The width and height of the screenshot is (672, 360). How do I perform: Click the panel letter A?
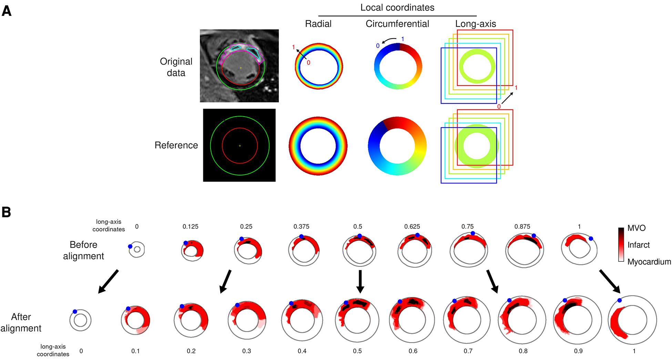(x=7, y=11)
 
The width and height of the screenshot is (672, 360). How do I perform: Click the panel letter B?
(x=7, y=212)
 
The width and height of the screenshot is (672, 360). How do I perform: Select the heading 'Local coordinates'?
(x=397, y=8)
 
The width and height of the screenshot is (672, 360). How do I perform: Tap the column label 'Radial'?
(x=318, y=24)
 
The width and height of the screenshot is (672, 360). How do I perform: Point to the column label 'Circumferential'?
(x=397, y=24)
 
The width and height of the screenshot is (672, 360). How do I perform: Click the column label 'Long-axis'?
(x=475, y=24)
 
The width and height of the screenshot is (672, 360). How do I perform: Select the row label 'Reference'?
(x=176, y=145)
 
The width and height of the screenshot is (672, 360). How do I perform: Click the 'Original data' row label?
(x=176, y=67)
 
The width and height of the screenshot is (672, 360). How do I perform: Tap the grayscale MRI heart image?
(x=239, y=66)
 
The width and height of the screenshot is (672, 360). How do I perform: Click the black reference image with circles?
(x=239, y=145)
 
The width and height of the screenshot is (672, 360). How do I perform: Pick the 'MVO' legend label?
(x=636, y=228)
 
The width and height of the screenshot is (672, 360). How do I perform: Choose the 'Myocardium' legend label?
(x=649, y=262)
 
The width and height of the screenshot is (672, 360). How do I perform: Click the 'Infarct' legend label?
(x=638, y=245)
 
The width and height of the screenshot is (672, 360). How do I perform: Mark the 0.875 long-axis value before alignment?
(x=522, y=227)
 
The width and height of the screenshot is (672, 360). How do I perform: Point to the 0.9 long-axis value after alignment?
(x=578, y=351)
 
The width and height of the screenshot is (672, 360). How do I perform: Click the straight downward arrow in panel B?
(x=360, y=281)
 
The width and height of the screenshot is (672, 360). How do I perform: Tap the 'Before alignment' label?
(x=83, y=250)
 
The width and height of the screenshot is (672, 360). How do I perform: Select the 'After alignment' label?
(x=21, y=322)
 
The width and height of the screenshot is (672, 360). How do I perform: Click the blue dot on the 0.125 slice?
(x=186, y=243)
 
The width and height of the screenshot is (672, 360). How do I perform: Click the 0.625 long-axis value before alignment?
(x=412, y=227)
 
